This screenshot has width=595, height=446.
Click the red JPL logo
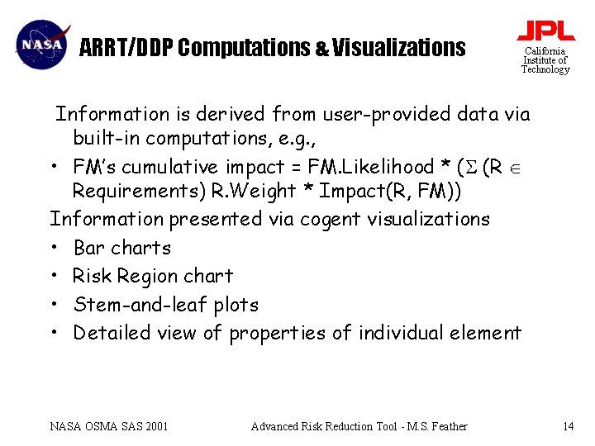(x=545, y=31)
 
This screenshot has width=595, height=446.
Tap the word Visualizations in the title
(x=399, y=48)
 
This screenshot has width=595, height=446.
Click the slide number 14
(x=567, y=426)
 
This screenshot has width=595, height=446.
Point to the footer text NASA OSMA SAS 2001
(x=109, y=426)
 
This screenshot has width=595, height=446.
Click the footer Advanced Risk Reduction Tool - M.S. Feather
(x=359, y=426)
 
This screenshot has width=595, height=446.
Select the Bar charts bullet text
(x=122, y=248)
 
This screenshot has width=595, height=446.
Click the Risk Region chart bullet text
(x=153, y=276)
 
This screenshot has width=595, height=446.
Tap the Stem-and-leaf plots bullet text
(x=165, y=305)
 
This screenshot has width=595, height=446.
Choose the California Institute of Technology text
(x=545, y=60)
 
